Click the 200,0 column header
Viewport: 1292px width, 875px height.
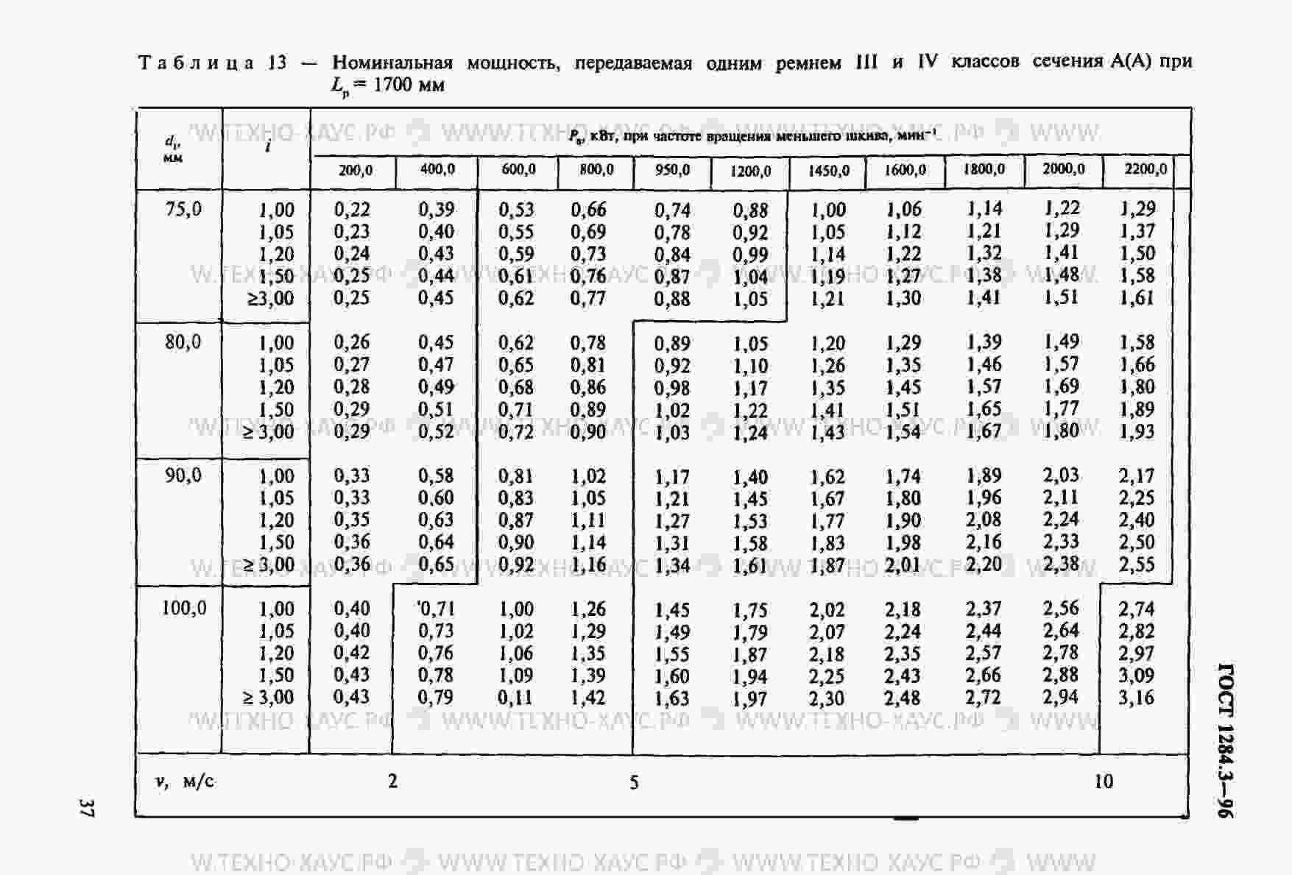(x=355, y=171)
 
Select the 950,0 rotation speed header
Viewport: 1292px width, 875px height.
(x=672, y=171)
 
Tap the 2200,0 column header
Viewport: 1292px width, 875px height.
(x=1145, y=169)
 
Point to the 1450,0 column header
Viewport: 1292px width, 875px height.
(x=828, y=171)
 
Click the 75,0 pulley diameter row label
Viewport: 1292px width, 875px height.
(x=183, y=210)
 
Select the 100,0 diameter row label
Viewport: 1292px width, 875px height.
(x=183, y=609)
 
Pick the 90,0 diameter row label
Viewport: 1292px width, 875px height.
(x=183, y=475)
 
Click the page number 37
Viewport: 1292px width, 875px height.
(x=87, y=807)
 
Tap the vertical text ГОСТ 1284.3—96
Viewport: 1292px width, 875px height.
(x=1226, y=740)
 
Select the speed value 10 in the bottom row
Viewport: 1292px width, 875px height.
(x=1103, y=782)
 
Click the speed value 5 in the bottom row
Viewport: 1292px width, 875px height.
(x=634, y=782)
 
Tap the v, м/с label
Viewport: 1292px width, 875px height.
(x=185, y=782)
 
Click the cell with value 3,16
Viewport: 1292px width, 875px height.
(x=1136, y=698)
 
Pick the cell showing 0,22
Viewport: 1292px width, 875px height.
(x=352, y=210)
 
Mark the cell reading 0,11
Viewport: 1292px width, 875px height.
(x=515, y=698)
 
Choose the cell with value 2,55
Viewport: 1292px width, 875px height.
(x=1137, y=564)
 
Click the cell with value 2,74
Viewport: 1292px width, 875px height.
(x=1137, y=609)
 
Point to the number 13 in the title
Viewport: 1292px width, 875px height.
(x=277, y=63)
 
